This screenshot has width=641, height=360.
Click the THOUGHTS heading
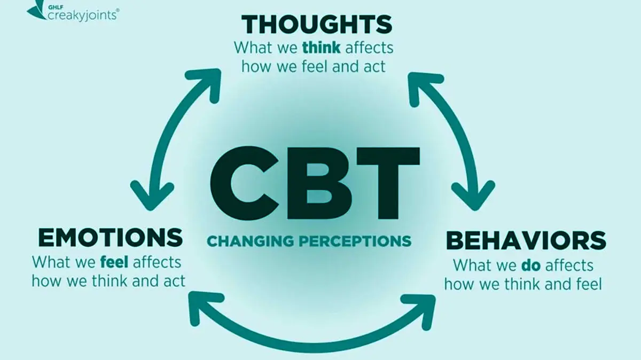pyautogui.click(x=317, y=25)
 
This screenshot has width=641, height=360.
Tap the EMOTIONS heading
pyautogui.click(x=110, y=238)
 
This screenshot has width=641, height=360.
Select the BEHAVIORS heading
pyautogui.click(x=526, y=241)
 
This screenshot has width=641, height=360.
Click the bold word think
pyautogui.click(x=322, y=48)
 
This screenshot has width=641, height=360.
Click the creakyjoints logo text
pyautogui.click(x=82, y=14)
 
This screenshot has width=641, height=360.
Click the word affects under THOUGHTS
pyautogui.click(x=369, y=48)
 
